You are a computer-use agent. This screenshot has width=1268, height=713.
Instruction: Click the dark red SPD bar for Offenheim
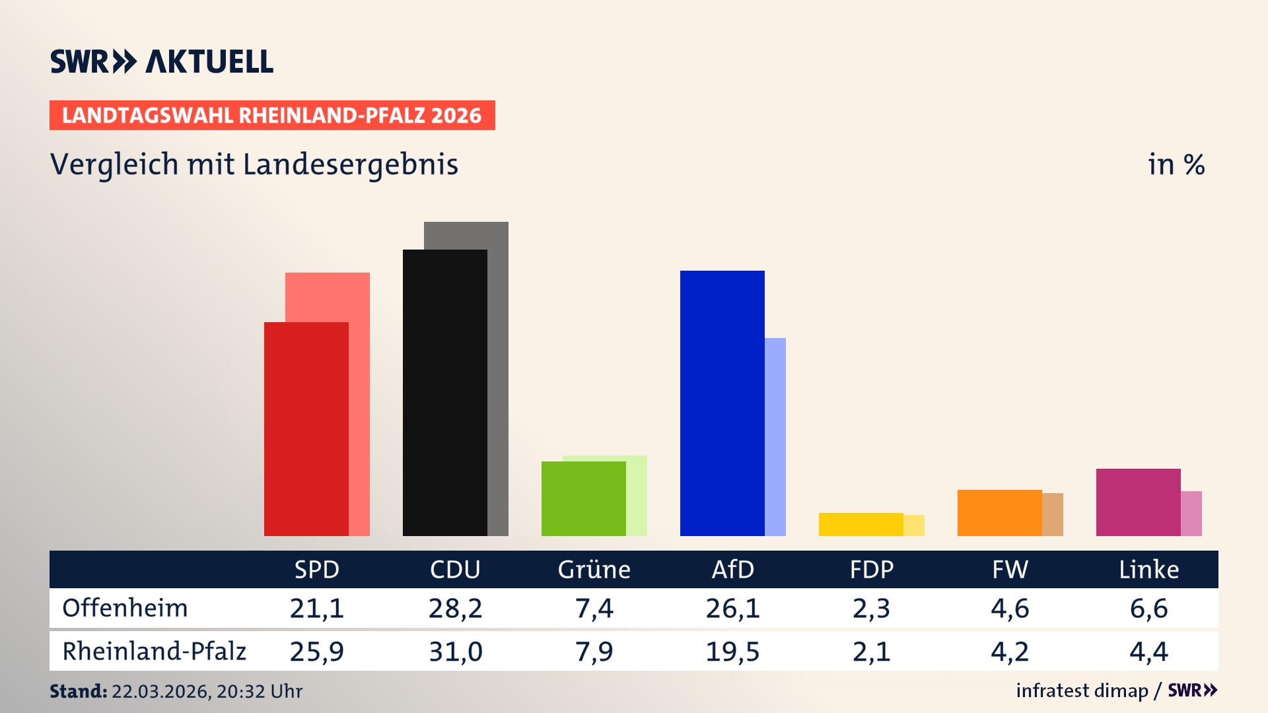tap(306, 429)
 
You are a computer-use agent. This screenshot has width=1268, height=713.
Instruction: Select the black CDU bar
tap(444, 393)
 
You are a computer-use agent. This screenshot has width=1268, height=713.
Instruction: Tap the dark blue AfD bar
tap(722, 403)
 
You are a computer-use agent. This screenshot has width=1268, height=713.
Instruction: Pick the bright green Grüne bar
tap(583, 498)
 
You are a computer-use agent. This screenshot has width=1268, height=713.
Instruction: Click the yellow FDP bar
tap(861, 524)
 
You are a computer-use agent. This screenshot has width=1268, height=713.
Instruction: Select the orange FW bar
tap(999, 513)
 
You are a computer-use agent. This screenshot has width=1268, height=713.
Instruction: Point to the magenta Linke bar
tap(1138, 502)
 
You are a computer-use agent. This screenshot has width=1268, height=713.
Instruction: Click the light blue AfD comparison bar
tap(775, 436)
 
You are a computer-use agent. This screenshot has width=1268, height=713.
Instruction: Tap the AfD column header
tap(732, 570)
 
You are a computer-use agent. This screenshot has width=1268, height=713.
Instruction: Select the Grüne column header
tap(594, 570)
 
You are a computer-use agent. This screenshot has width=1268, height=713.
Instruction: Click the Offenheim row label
tap(125, 608)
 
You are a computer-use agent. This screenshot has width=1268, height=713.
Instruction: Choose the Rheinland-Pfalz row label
tap(154, 652)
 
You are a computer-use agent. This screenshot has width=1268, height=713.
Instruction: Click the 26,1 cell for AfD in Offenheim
tap(732, 608)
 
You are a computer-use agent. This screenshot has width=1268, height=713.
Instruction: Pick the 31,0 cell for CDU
tap(455, 652)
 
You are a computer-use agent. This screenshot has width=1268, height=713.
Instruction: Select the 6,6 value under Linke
tap(1148, 608)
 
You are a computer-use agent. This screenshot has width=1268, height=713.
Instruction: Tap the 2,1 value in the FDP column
tap(871, 652)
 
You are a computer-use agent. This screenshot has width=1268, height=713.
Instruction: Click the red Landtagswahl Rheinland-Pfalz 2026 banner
tap(272, 116)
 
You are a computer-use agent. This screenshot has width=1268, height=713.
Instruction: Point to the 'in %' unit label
tap(1176, 164)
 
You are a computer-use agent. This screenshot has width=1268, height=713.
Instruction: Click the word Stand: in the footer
tap(78, 691)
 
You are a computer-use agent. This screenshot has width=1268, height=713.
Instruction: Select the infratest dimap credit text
tap(1082, 691)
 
